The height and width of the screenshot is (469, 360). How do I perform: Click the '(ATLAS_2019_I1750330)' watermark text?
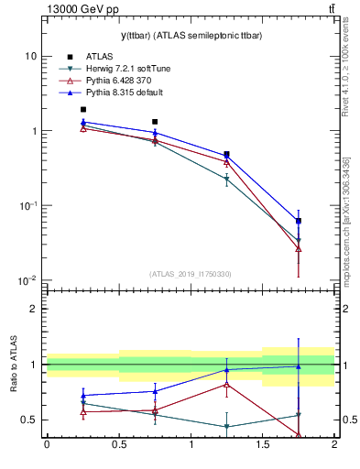coord(190,274)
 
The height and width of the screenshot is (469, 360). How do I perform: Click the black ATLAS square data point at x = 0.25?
coord(82,109)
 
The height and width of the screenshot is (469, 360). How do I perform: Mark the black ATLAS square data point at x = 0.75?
coord(155,121)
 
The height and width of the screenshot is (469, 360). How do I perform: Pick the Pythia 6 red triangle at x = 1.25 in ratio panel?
coord(226,384)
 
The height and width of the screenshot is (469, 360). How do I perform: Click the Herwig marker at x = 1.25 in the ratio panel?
coord(226,427)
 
